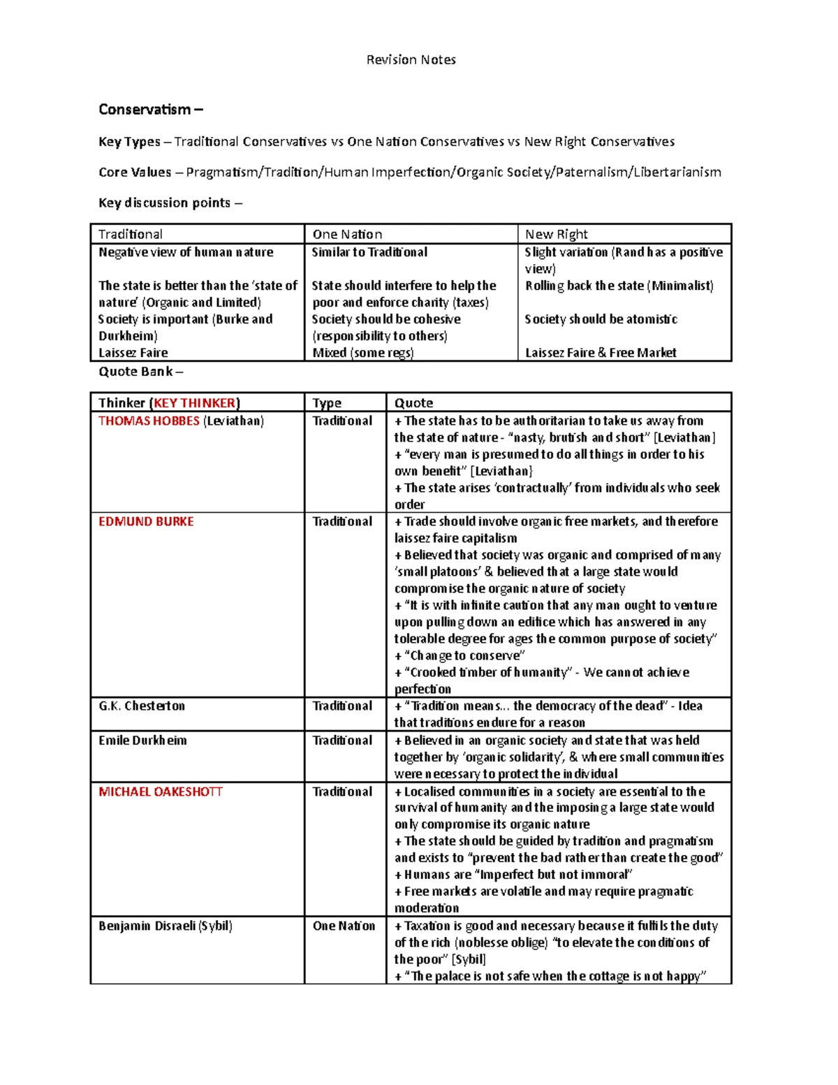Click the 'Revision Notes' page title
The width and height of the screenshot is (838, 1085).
click(x=411, y=60)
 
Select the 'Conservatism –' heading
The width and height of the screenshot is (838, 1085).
click(x=150, y=110)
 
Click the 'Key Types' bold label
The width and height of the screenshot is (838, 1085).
click(x=129, y=142)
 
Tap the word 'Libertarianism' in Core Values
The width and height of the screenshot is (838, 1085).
click(x=677, y=173)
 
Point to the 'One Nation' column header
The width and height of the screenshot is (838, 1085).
click(x=347, y=235)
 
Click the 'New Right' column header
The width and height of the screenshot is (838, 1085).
click(x=556, y=235)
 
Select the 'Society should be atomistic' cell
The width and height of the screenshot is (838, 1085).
click(x=601, y=319)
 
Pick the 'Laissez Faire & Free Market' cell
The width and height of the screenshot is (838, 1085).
click(x=600, y=353)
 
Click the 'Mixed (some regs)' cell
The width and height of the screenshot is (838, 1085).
click(x=362, y=353)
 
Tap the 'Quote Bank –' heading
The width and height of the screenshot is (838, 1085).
click(x=140, y=372)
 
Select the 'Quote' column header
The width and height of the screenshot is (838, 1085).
click(x=413, y=403)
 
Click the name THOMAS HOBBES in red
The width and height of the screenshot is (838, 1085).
click(x=149, y=421)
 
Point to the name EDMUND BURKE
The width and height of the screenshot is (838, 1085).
click(x=146, y=522)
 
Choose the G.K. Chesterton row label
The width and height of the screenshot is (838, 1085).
click(x=142, y=706)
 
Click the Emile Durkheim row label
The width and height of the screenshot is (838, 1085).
click(x=142, y=741)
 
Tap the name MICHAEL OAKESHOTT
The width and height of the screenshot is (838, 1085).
click(x=160, y=792)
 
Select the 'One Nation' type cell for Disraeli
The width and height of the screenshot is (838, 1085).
click(x=344, y=926)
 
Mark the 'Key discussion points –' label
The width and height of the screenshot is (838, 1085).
click(x=170, y=203)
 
